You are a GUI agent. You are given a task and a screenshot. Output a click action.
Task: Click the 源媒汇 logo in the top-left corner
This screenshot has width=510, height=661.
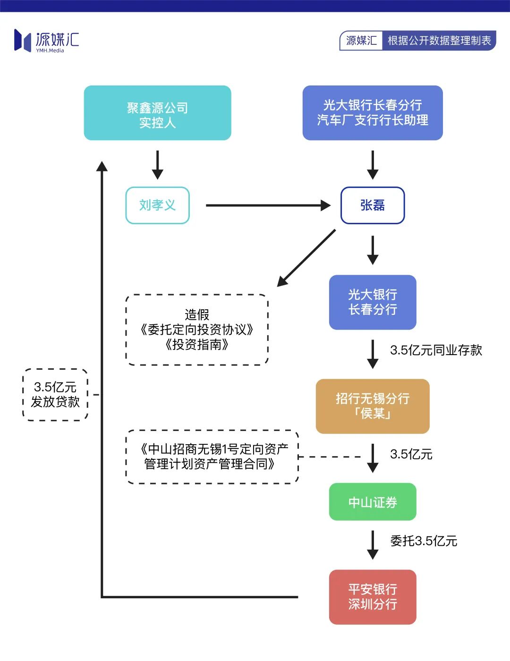(x=46, y=41)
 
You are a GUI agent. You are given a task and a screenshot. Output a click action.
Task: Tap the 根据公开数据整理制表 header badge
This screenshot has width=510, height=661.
(x=439, y=41)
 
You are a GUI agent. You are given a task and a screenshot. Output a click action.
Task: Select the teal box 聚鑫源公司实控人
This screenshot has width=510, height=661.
(x=157, y=113)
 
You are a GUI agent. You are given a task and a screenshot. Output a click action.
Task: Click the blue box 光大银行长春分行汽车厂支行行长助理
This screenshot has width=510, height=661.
(x=373, y=113)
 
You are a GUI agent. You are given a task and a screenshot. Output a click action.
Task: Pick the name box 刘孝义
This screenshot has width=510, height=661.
(x=157, y=205)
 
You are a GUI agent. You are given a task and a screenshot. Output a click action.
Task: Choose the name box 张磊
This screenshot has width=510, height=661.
(x=373, y=205)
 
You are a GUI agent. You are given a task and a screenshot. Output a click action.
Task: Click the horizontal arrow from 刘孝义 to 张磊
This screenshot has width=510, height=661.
(x=267, y=205)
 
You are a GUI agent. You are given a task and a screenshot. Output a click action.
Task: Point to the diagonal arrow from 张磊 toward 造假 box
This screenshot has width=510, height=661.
(x=307, y=258)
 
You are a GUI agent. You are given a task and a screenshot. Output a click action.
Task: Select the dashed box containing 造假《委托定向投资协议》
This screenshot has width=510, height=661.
(x=197, y=330)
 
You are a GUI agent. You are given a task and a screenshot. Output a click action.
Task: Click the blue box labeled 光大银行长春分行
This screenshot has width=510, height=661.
(x=373, y=302)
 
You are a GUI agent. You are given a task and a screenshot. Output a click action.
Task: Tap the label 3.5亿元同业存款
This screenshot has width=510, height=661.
(x=435, y=350)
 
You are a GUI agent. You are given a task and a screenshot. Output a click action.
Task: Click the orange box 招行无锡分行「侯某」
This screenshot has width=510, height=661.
(x=373, y=406)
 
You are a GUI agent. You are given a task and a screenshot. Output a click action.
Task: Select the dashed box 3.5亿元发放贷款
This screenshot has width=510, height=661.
(x=55, y=395)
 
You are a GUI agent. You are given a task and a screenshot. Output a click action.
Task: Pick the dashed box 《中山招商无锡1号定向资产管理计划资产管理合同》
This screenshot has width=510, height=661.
(x=212, y=457)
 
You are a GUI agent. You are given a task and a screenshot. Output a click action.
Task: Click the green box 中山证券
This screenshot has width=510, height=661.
(x=373, y=502)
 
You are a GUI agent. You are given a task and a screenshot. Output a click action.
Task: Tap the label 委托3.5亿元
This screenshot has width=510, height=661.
(x=423, y=541)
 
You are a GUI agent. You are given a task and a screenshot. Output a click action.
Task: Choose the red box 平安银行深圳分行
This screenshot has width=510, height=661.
(x=373, y=597)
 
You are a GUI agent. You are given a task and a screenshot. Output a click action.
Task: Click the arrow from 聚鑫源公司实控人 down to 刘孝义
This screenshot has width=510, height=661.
(x=158, y=165)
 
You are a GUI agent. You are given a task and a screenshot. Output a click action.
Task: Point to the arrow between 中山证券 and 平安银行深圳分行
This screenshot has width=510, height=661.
(x=373, y=545)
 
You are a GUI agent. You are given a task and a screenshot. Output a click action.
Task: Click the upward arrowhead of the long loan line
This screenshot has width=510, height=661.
(x=102, y=166)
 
